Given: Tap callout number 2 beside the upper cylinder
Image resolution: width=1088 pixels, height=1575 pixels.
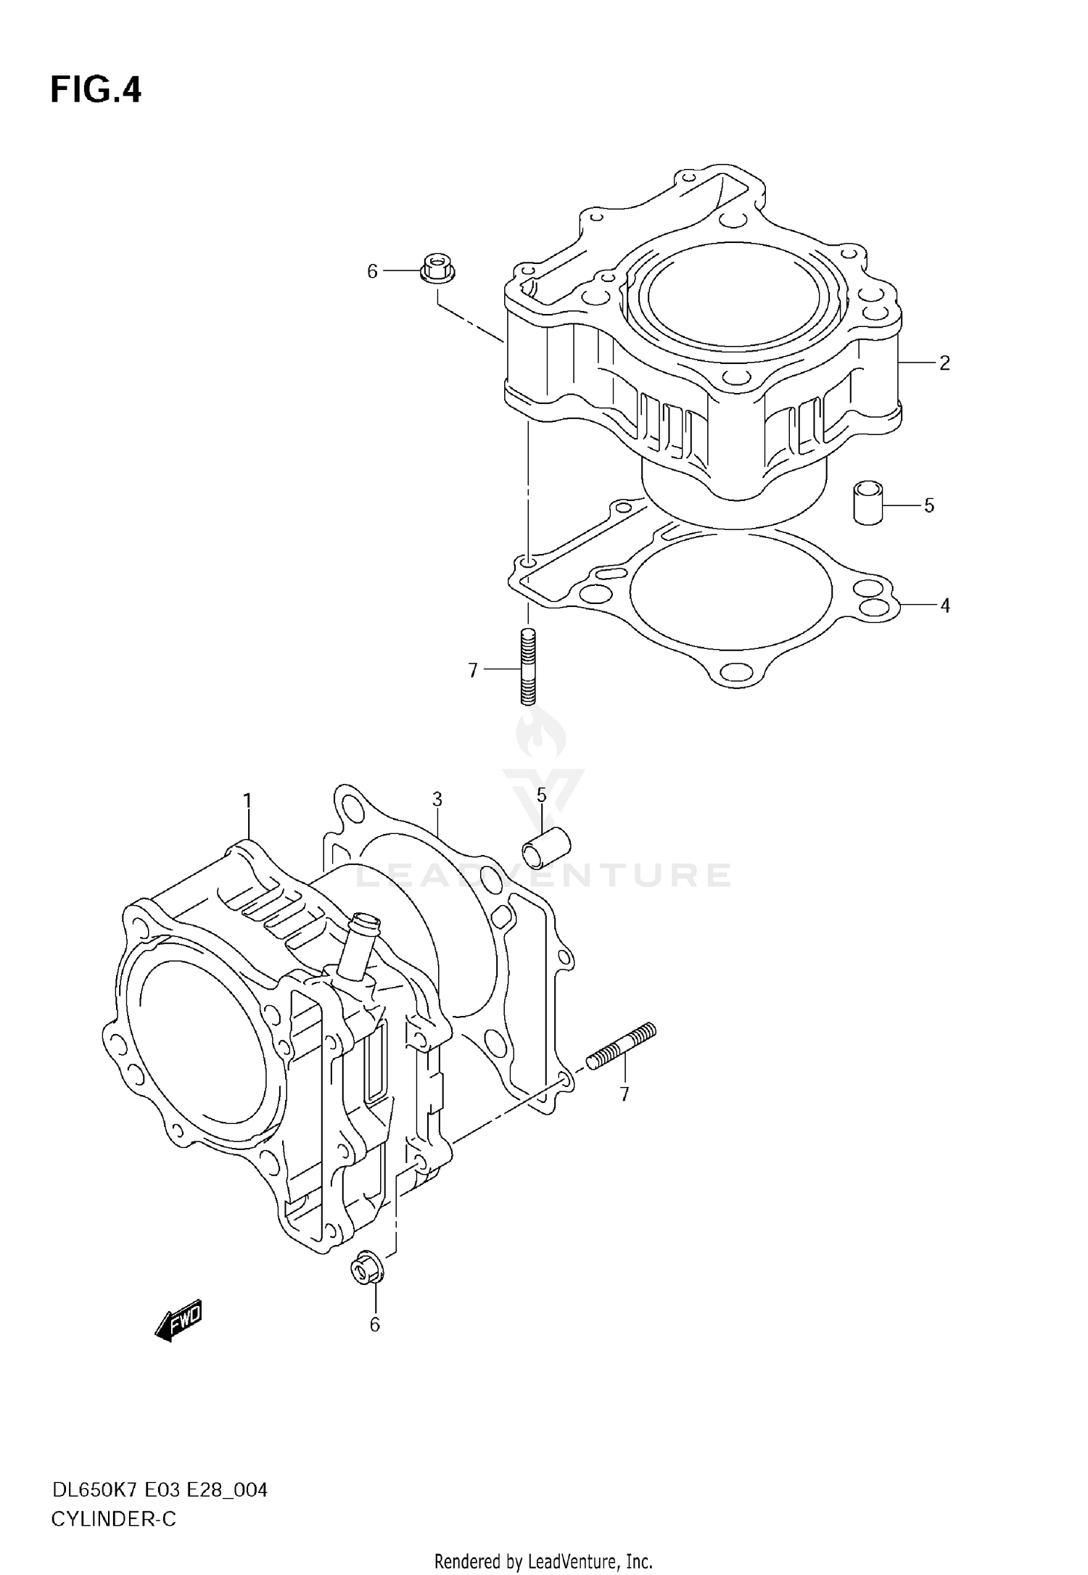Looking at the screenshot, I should coord(944,363).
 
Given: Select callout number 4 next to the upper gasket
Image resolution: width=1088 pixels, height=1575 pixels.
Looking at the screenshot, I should coord(944,605).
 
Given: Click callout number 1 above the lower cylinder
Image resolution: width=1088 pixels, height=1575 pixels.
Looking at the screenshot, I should coord(247,801).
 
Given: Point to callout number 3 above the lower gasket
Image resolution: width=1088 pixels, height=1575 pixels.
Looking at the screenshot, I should coord(437,800).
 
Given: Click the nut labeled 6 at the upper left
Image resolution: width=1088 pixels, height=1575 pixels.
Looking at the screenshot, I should coord(437,268).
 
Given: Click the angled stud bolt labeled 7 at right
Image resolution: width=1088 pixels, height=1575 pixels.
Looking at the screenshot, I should coord(621,1045).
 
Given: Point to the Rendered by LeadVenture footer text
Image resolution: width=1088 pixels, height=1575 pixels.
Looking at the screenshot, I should coord(543,1560).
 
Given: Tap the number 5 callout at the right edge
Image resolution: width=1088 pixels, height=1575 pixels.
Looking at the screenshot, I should coord(929,506).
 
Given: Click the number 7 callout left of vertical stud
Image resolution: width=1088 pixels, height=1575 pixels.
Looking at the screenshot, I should coord(473,671).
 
